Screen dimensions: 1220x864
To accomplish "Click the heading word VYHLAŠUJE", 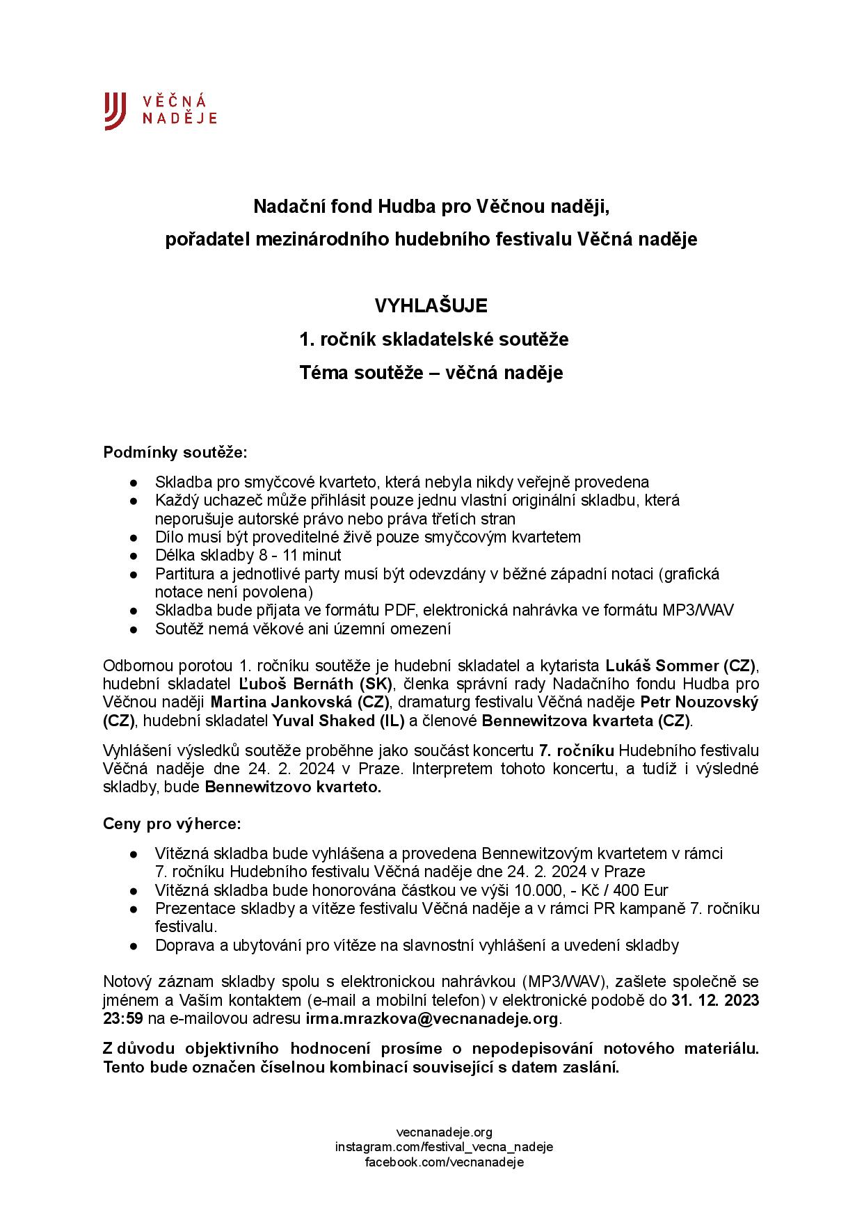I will pos(431,306).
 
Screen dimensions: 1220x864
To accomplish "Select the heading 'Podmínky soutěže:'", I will pos(175,453).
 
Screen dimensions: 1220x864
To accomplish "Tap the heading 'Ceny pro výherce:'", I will pos(172,824).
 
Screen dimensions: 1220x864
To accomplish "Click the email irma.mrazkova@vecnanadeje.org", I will pos(432,1019).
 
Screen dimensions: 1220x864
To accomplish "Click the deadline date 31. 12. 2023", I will pos(714,1001).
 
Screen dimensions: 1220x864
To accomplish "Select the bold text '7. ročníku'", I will pos(576,751).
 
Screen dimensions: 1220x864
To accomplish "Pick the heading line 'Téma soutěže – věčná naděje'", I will pos(431,373).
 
